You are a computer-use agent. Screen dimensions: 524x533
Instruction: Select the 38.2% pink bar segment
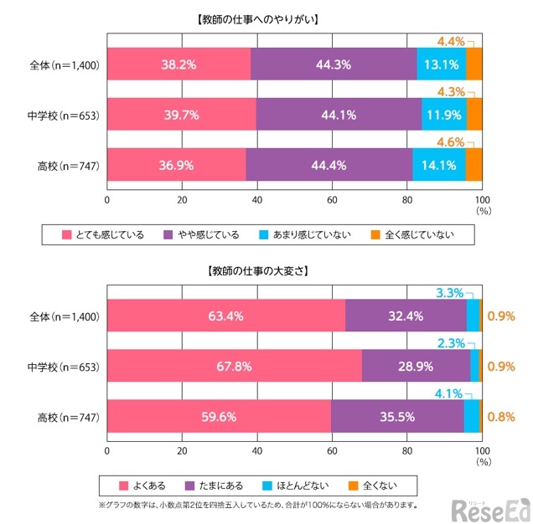click(x=179, y=64)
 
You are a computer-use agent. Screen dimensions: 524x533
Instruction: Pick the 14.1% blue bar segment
click(x=438, y=165)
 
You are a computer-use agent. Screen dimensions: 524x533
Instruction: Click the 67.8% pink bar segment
click(x=234, y=367)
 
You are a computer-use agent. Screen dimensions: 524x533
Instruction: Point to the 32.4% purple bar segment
click(x=406, y=316)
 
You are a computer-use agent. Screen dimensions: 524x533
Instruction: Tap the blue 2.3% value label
click(x=449, y=343)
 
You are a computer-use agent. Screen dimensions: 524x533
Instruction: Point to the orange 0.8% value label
click(x=500, y=417)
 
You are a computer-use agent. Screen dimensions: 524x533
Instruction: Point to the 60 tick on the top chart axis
click(x=332, y=200)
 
